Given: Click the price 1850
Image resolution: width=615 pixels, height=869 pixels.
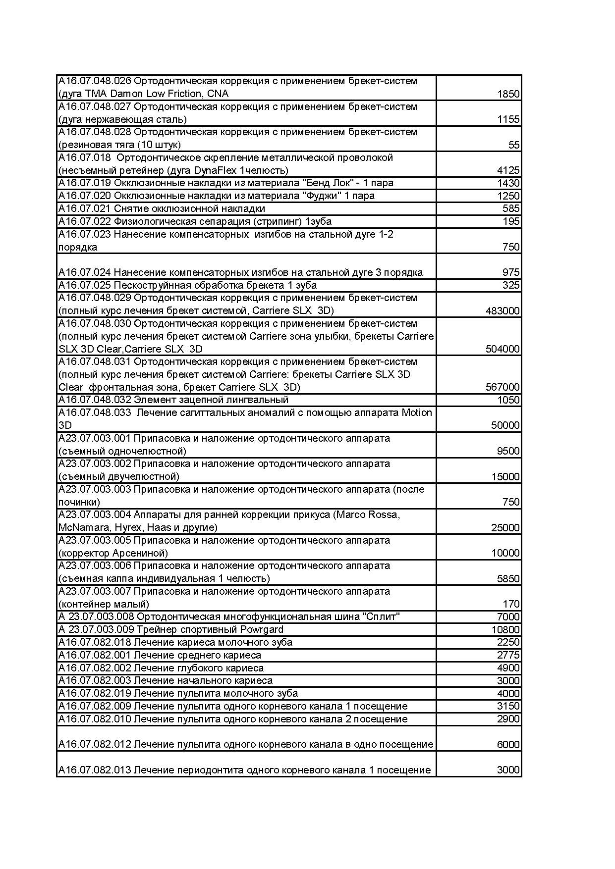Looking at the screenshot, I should [x=508, y=94].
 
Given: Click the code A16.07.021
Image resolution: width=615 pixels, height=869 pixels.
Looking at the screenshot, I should [x=85, y=208].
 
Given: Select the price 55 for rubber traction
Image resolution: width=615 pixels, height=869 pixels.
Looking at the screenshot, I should [x=514, y=145].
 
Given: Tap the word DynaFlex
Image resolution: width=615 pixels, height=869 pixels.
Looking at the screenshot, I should [x=215, y=170].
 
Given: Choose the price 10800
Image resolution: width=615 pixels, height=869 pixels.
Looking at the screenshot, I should [x=505, y=630].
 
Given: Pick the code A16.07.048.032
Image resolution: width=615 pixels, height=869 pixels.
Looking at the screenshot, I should [x=95, y=400].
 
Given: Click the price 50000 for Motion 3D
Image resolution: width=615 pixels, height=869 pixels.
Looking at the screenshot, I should [x=505, y=425].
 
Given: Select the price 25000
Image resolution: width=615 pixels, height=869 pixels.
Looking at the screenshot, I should [x=505, y=528].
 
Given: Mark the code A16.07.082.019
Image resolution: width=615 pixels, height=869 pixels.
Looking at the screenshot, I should [x=95, y=693].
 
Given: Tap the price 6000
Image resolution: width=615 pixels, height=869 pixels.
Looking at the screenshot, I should [x=508, y=745].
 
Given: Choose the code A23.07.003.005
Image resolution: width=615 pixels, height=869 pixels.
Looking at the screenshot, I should [x=95, y=540].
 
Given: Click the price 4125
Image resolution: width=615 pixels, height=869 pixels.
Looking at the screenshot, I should [x=508, y=171].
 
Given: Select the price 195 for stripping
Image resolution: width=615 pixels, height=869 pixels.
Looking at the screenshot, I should [x=511, y=221].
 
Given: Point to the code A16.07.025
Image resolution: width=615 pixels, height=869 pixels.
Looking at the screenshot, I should [x=85, y=285].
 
